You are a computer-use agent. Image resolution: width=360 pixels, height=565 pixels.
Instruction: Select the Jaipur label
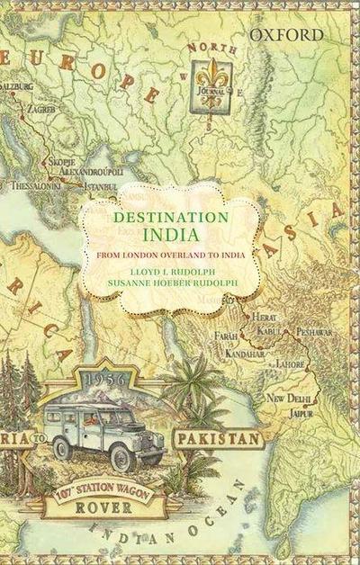click(x=301, y=413)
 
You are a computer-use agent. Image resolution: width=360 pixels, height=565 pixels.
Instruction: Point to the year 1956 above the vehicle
click(x=104, y=381)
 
